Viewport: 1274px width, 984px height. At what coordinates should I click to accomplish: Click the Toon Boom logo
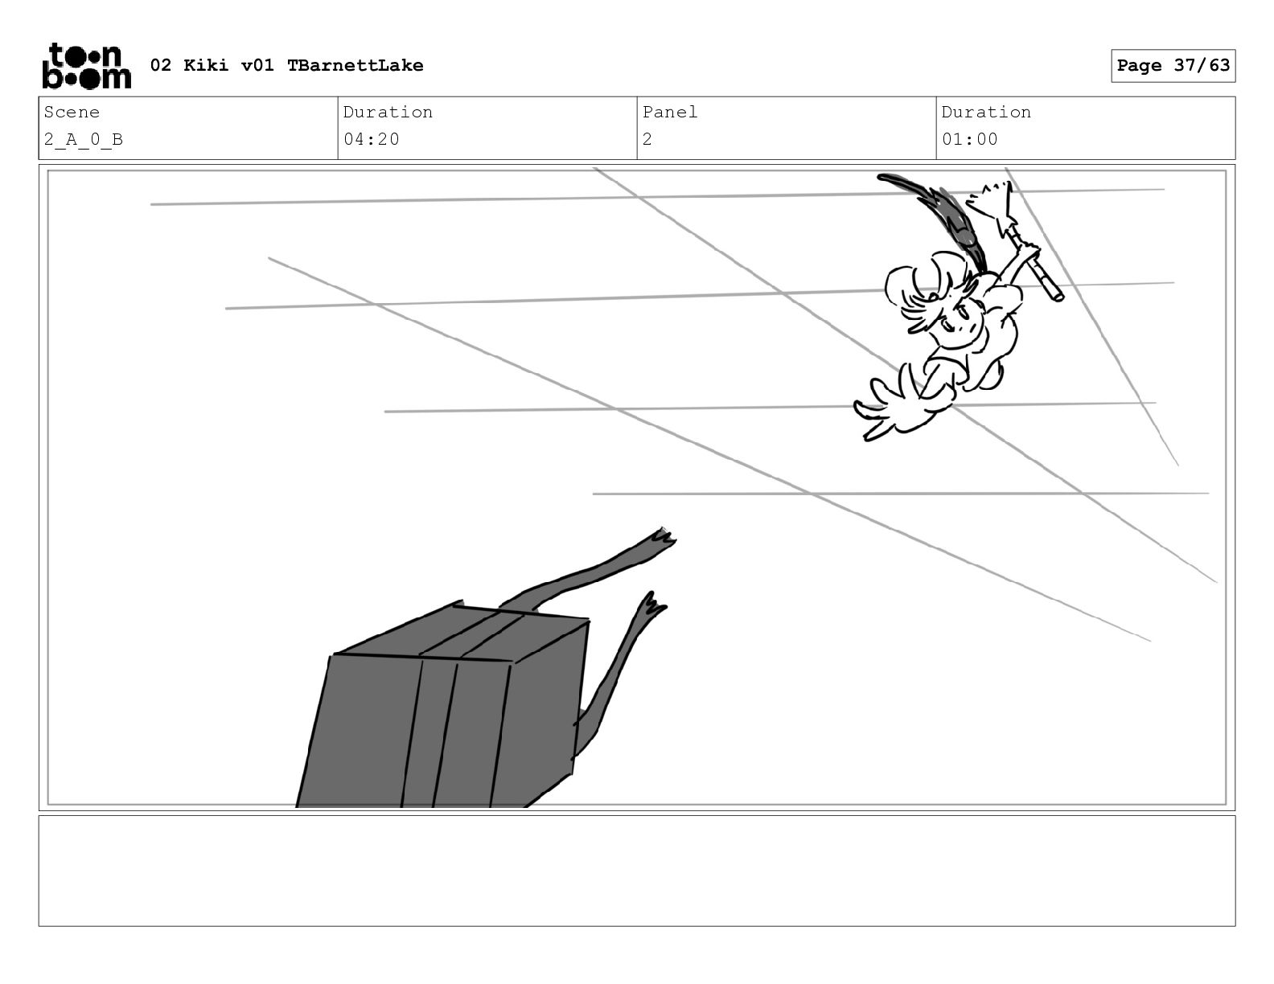[86, 66]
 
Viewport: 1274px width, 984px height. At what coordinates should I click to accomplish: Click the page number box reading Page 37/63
[1173, 66]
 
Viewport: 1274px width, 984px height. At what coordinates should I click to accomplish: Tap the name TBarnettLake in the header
[355, 66]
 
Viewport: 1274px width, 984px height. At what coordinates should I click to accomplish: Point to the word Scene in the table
[72, 113]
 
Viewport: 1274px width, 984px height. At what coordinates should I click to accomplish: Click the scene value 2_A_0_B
[84, 139]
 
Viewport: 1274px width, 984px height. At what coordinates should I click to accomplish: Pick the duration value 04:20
[372, 139]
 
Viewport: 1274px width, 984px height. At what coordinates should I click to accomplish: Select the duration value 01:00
[970, 139]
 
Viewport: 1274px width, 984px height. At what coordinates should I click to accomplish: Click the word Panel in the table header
[670, 113]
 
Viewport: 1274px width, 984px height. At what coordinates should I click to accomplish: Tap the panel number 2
[647, 139]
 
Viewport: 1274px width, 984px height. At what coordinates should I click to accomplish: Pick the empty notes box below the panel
[636, 871]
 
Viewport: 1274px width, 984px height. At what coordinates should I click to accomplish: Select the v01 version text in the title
[257, 66]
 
